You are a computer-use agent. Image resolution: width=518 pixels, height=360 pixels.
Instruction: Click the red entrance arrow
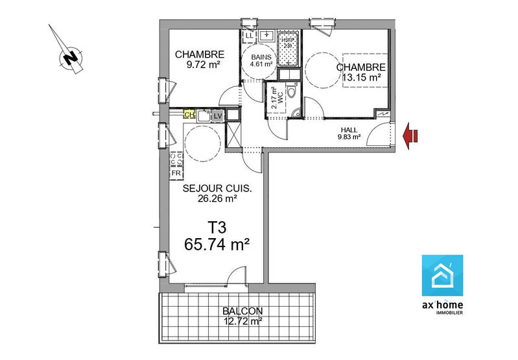click(410, 135)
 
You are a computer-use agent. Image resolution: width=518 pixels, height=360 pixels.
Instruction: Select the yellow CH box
click(189, 115)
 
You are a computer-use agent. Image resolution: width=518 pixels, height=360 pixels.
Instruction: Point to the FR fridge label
click(176, 174)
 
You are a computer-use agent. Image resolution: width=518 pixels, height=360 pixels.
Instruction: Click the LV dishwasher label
click(217, 115)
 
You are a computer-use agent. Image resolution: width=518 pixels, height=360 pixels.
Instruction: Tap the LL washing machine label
click(250, 35)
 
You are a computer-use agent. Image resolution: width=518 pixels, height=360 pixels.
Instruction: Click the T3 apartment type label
click(217, 228)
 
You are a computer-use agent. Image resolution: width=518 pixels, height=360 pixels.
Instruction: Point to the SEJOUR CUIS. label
click(217, 189)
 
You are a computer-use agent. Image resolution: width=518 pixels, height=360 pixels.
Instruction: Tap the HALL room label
click(348, 129)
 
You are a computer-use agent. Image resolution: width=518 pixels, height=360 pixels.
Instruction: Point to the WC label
click(281, 102)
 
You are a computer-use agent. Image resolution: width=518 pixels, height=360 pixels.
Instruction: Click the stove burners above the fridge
click(176, 157)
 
